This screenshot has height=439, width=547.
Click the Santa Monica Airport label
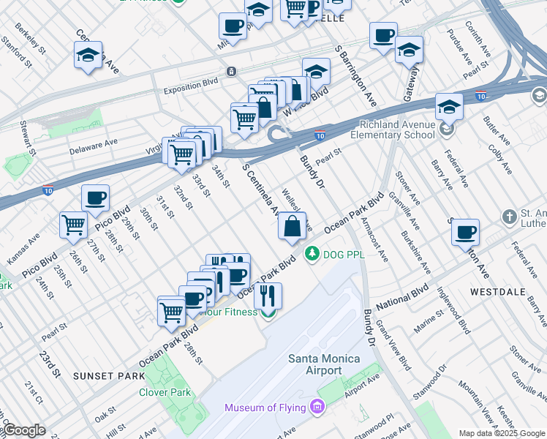point(324,364)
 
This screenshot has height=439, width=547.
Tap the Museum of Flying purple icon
point(317,406)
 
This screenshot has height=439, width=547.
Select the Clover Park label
point(165,392)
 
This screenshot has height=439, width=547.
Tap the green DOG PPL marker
point(313,254)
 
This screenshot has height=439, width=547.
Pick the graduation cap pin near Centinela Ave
point(88,56)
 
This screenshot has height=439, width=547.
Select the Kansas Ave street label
point(23,247)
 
